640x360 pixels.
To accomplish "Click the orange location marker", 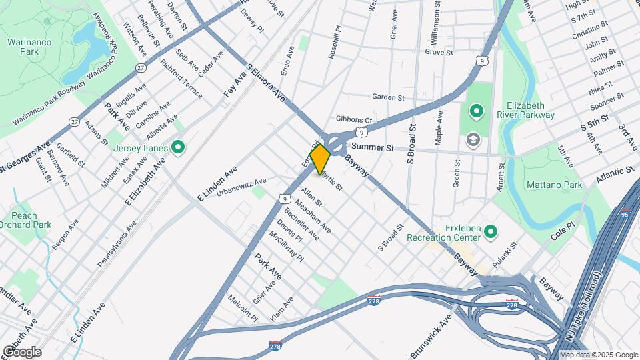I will coord(320,159).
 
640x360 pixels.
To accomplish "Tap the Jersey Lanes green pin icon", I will coord(178,147).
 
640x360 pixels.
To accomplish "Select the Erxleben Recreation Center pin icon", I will coord(491,232).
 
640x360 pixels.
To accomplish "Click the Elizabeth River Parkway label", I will coord(530,110).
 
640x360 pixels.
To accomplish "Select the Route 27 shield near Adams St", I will coord(75,121).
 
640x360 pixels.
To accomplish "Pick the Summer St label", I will coord(369,146).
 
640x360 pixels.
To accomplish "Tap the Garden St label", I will coord(389,97).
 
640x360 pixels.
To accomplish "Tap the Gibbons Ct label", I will coord(353,119).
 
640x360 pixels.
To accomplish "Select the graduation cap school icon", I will coord(474,139).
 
